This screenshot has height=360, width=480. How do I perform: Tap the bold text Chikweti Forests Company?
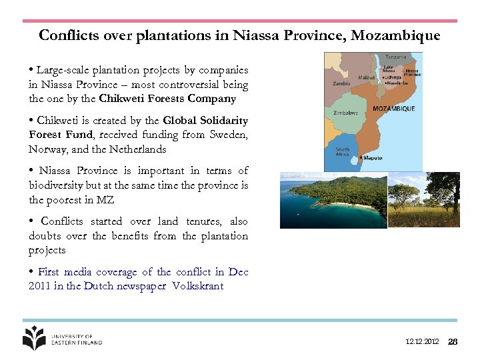[167, 99]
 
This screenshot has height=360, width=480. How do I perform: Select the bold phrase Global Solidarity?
[205, 121]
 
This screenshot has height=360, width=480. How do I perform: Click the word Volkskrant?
[197, 287]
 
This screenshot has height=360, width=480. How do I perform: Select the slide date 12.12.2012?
[422, 341]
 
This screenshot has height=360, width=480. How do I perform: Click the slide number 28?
[453, 341]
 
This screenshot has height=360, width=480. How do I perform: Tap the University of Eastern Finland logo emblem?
[34, 337]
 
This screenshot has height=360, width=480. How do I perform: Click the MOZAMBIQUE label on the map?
[393, 108]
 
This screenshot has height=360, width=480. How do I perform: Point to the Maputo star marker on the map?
[361, 158]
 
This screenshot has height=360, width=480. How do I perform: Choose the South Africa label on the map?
[342, 151]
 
